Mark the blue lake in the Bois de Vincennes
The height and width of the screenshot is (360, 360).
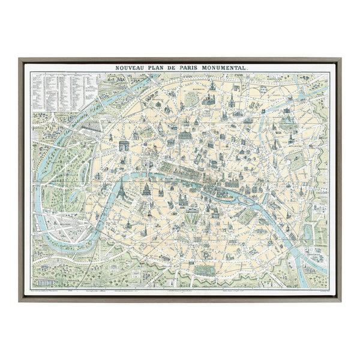coord(308,230)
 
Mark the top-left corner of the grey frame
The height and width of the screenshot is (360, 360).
coord(20,59)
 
